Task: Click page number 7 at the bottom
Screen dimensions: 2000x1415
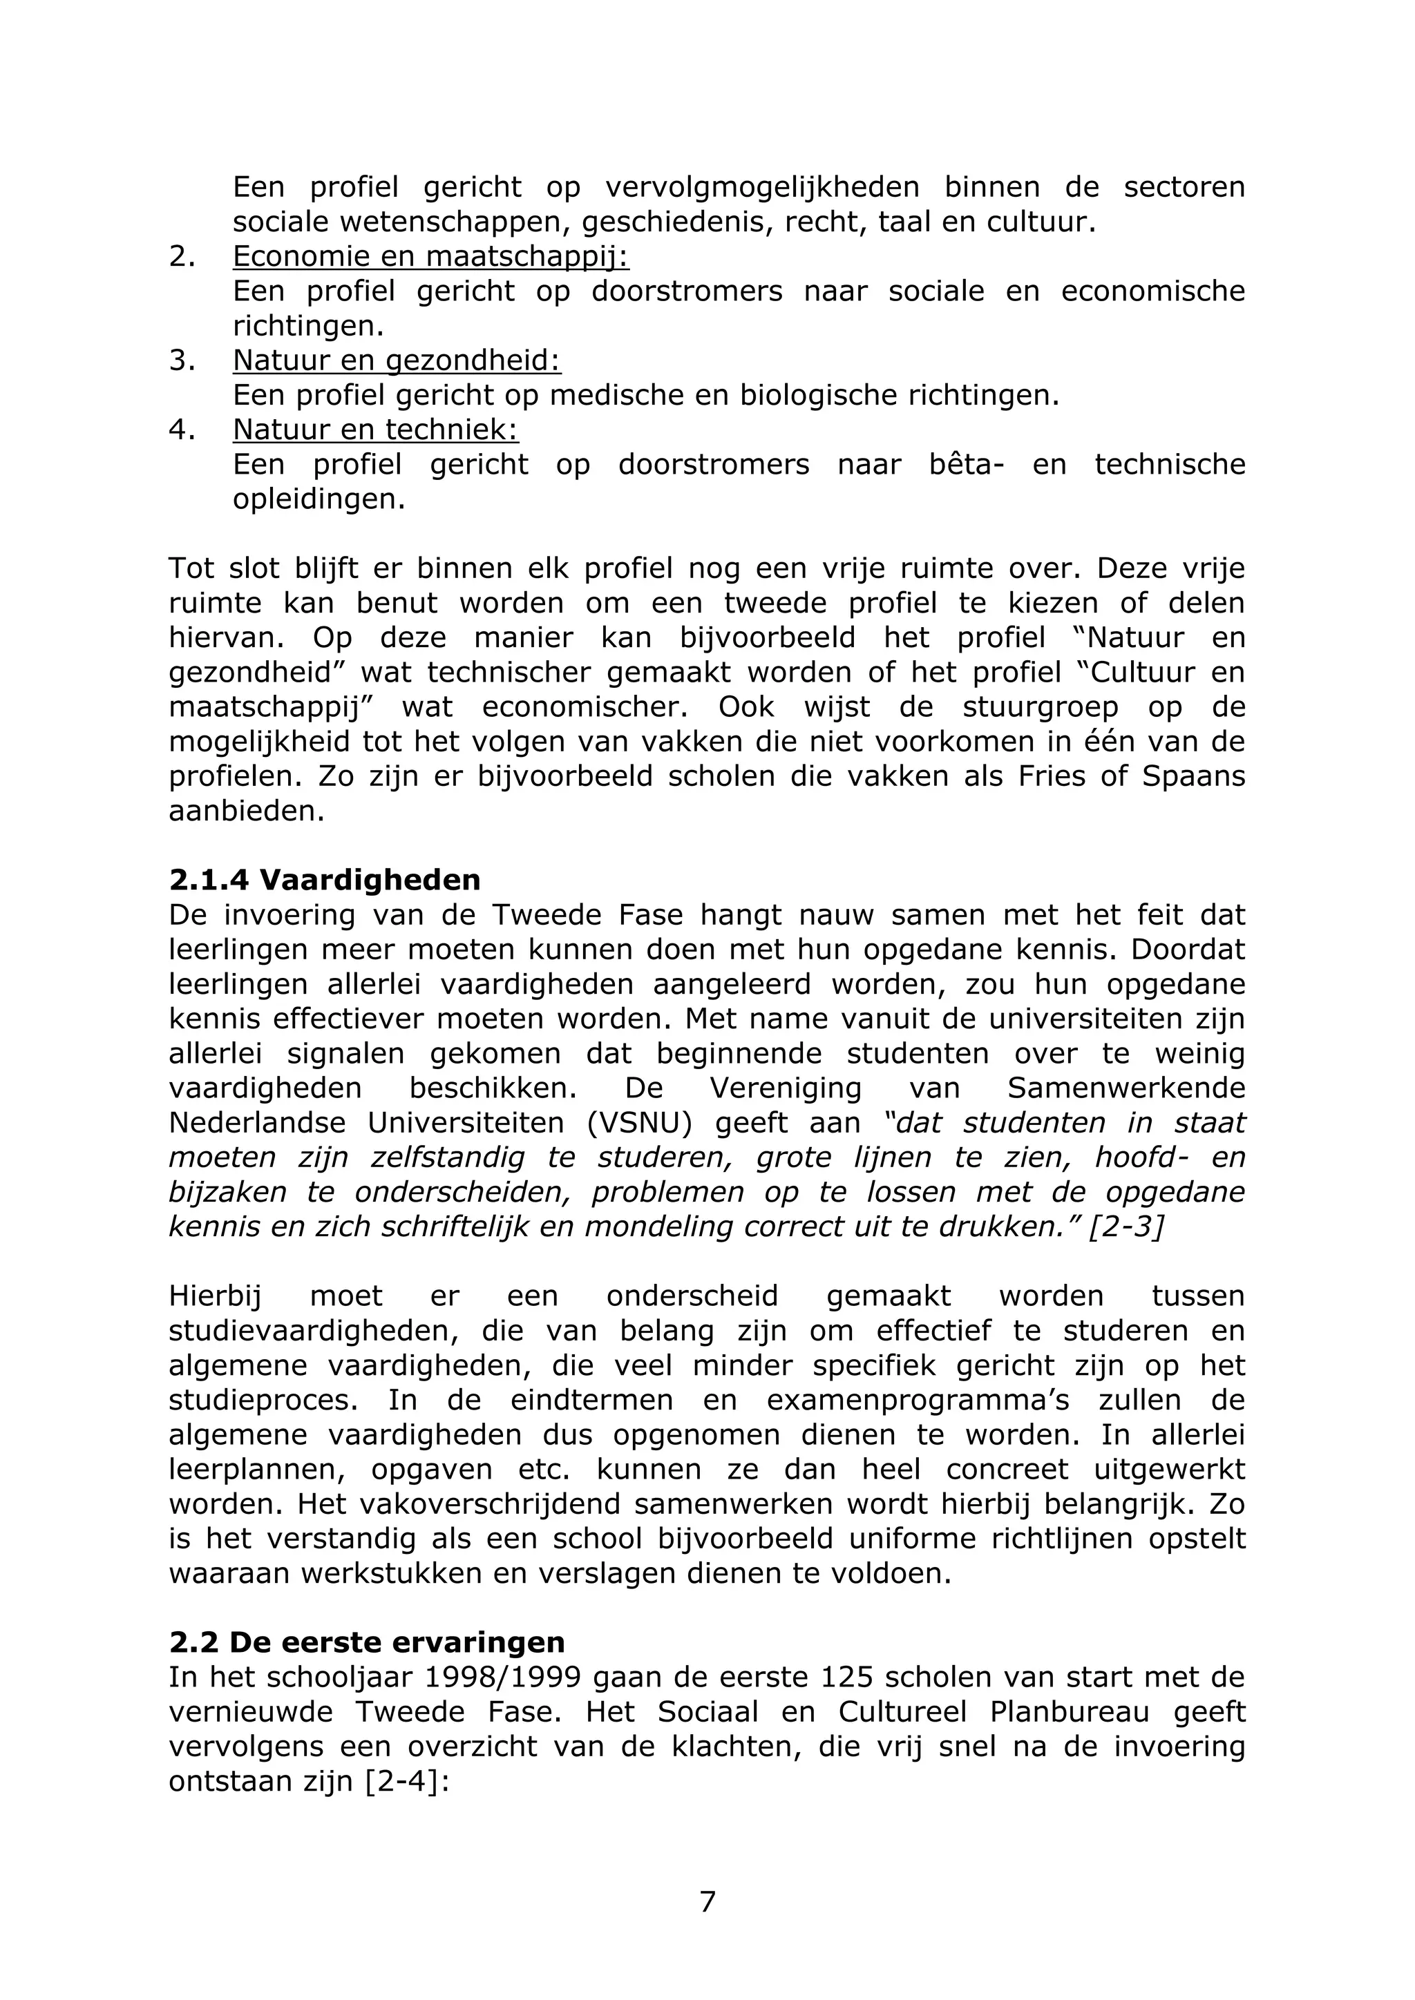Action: (707, 1901)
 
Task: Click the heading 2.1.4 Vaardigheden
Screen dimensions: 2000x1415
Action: (324, 880)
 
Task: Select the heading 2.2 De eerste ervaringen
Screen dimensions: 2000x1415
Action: (367, 1642)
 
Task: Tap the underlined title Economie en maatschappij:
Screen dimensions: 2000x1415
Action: (430, 256)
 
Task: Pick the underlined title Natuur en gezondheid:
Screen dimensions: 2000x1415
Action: (397, 360)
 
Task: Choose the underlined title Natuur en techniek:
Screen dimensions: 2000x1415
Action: (376, 430)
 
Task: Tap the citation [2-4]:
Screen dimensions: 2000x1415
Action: (406, 1781)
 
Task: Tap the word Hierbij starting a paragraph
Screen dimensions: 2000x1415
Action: (214, 1296)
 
